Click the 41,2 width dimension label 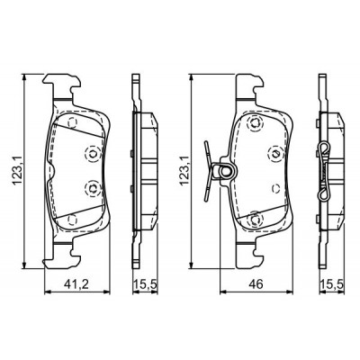[76, 283]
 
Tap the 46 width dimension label [256, 283]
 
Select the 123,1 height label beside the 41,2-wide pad [17, 170]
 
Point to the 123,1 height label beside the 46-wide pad [184, 170]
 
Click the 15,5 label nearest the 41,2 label [145, 283]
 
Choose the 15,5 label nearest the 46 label [331, 283]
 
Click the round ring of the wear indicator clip [225, 171]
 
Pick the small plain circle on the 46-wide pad [275, 188]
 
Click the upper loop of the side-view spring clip [324, 149]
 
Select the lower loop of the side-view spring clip [324, 194]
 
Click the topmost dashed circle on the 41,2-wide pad [72, 122]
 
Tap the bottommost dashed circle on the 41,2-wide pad [72, 220]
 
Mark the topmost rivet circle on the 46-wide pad [255, 123]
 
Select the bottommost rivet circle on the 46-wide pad [256, 220]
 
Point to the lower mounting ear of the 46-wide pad [249, 254]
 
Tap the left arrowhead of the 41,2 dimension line [48, 292]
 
